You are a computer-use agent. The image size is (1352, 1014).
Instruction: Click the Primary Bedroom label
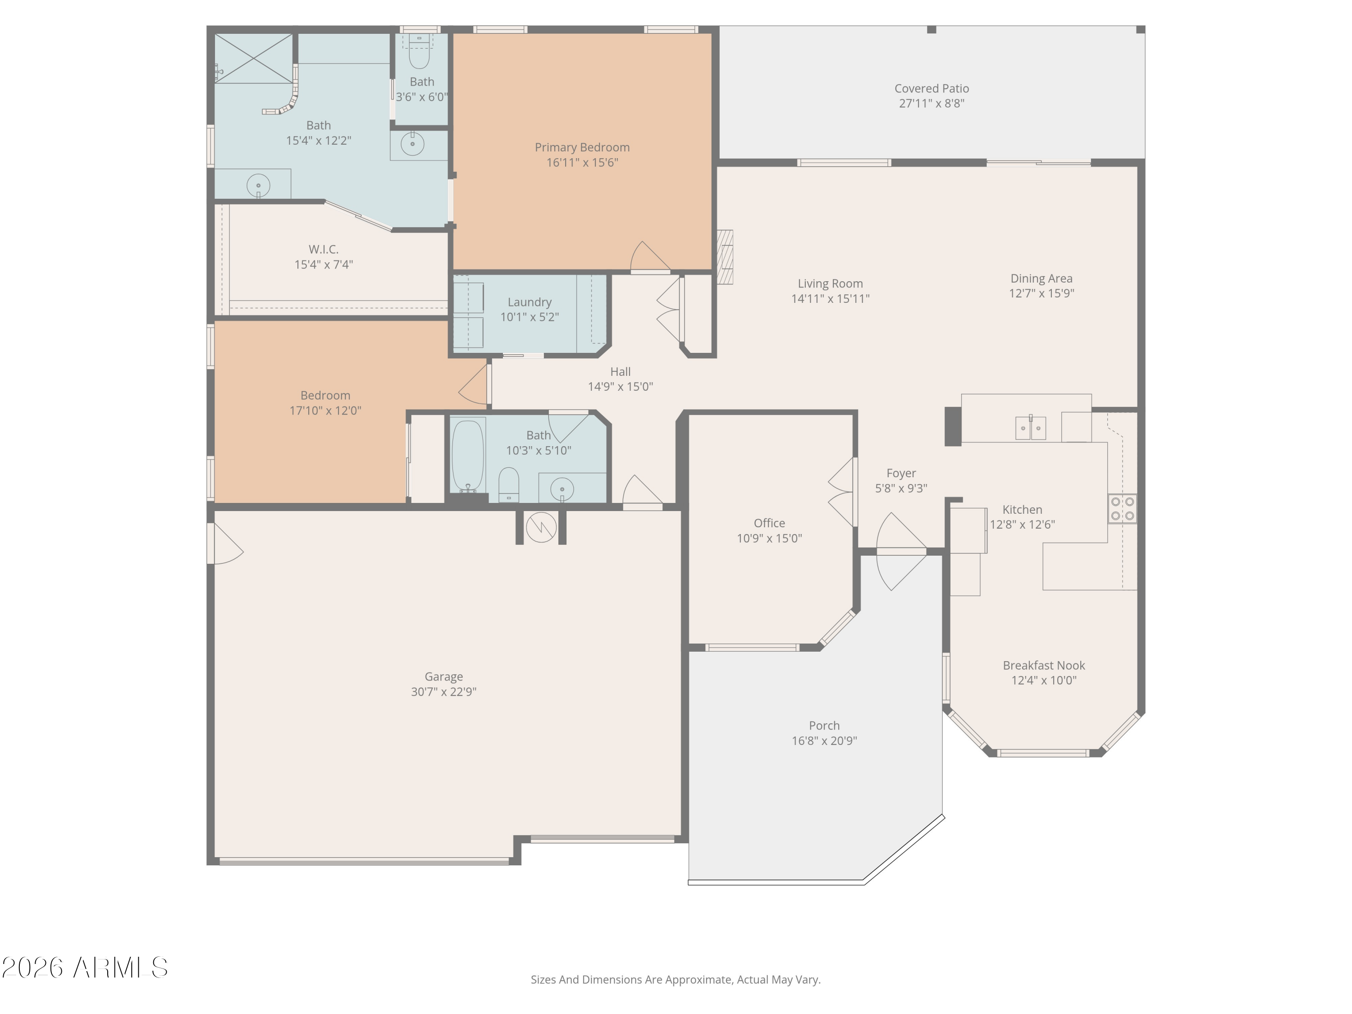click(582, 147)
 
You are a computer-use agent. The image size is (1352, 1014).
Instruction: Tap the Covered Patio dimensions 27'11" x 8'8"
click(932, 103)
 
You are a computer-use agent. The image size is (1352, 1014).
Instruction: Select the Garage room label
click(444, 676)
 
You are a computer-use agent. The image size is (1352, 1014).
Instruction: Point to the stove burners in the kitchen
click(1123, 508)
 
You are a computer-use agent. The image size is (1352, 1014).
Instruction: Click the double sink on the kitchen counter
click(1031, 427)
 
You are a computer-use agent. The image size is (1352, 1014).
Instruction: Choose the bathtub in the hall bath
click(468, 455)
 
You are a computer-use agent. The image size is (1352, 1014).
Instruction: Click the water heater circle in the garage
click(541, 527)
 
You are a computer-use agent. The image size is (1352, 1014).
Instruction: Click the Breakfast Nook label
click(1044, 666)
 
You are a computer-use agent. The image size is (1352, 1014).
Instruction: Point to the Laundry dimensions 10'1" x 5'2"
click(530, 317)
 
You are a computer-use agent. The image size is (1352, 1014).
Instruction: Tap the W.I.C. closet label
click(323, 249)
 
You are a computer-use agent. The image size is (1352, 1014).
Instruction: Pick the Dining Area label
click(1041, 279)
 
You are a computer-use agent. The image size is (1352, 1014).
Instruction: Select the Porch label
click(824, 726)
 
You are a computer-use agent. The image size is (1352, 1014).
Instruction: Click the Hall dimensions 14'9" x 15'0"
click(621, 387)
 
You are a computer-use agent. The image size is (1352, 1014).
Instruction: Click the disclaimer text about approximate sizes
click(676, 980)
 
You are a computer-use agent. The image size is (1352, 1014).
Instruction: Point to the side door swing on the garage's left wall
click(226, 544)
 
